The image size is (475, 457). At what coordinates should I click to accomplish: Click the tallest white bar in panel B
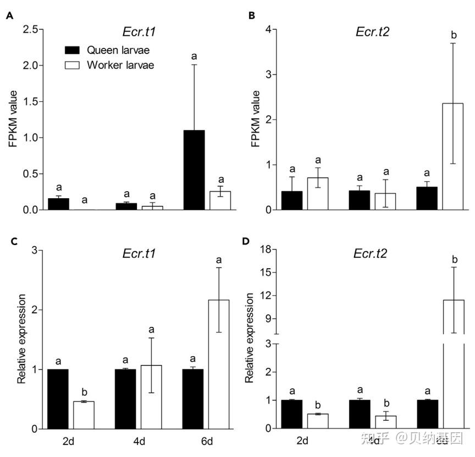point(453,156)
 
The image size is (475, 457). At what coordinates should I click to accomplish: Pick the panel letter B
point(252,15)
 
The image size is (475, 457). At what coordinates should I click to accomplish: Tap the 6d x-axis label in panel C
point(207,442)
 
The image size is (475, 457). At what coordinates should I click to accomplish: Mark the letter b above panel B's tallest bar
point(454,35)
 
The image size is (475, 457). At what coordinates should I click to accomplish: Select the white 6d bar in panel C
point(218,364)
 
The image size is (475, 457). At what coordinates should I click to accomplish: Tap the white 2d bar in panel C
point(84,415)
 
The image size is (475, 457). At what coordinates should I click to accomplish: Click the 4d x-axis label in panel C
point(140,442)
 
